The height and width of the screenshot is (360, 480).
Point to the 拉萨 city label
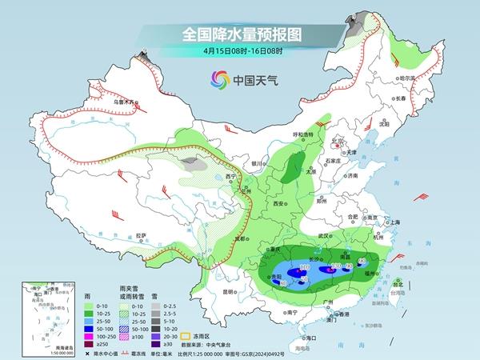coord(142,235)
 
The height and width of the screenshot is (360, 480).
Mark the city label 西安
coord(279,205)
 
